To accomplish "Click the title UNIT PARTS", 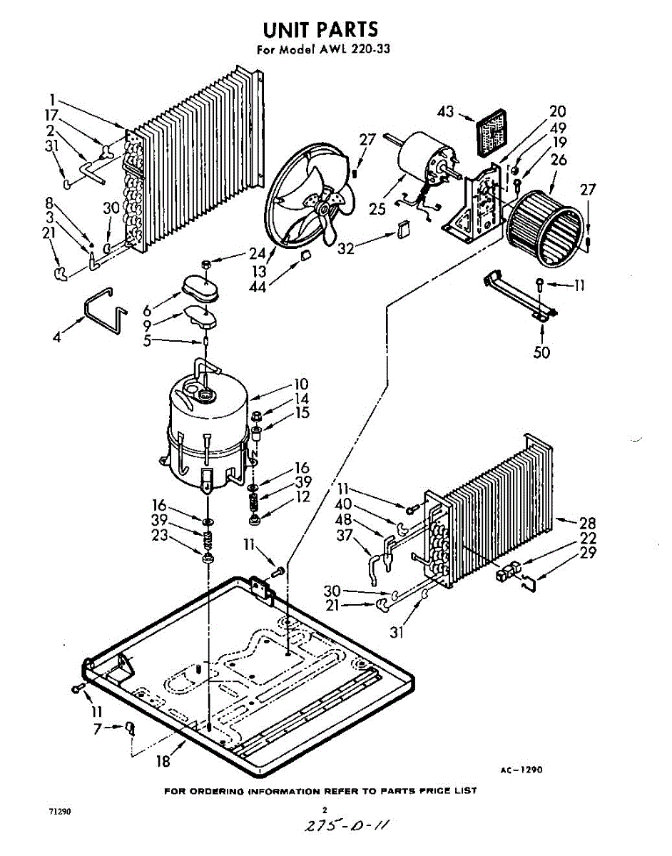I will pos(320,29).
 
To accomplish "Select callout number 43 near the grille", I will pos(446,113).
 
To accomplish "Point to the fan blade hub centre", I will pos(325,209).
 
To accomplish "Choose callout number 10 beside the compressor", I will pos(301,384).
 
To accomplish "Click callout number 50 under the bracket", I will pos(542,352).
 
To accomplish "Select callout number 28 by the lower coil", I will pos(588,523).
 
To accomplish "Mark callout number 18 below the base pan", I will pos(163,761).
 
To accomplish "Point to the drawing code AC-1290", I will pos(521,770).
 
